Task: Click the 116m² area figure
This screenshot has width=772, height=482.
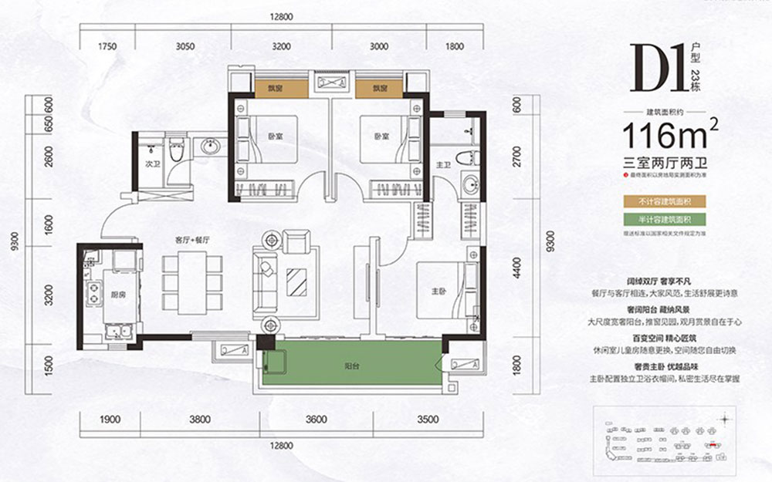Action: point(670,138)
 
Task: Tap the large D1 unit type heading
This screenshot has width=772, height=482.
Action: point(657,71)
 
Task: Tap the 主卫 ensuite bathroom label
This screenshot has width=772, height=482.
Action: point(443,163)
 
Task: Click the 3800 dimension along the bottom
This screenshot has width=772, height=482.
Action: point(200,420)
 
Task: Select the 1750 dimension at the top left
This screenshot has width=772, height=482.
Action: point(107,46)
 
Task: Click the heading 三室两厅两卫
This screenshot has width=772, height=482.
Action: point(669,163)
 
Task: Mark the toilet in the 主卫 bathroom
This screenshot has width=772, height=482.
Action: point(465,160)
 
